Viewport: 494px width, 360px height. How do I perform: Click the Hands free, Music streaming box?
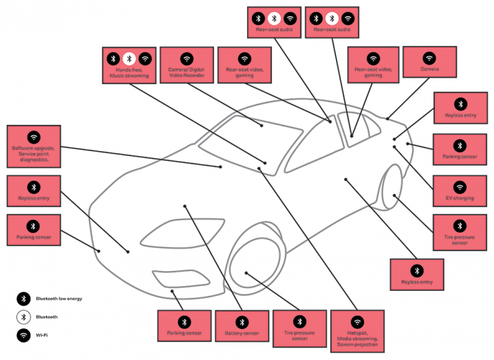pos(128,65)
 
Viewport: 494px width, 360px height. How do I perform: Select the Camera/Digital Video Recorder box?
pos(186,65)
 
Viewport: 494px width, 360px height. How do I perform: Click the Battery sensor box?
pos(241,326)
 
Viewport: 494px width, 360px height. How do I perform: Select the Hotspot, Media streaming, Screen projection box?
pos(357,330)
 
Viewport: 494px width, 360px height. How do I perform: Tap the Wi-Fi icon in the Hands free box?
pos(145,59)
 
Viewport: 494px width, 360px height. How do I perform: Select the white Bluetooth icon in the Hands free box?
pos(128,59)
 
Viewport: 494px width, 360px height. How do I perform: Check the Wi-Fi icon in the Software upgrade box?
pos(33,137)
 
